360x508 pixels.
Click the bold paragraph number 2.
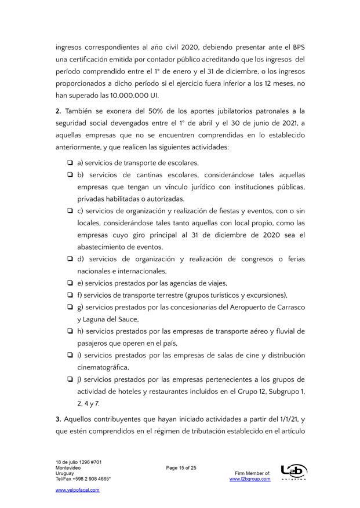point(58,110)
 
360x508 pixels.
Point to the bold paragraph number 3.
point(58,419)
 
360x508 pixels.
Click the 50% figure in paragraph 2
point(156,110)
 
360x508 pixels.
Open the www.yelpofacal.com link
point(77,489)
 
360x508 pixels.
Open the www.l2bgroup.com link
point(250,479)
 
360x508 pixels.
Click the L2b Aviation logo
point(293,473)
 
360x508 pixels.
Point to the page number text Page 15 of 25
point(181,467)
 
